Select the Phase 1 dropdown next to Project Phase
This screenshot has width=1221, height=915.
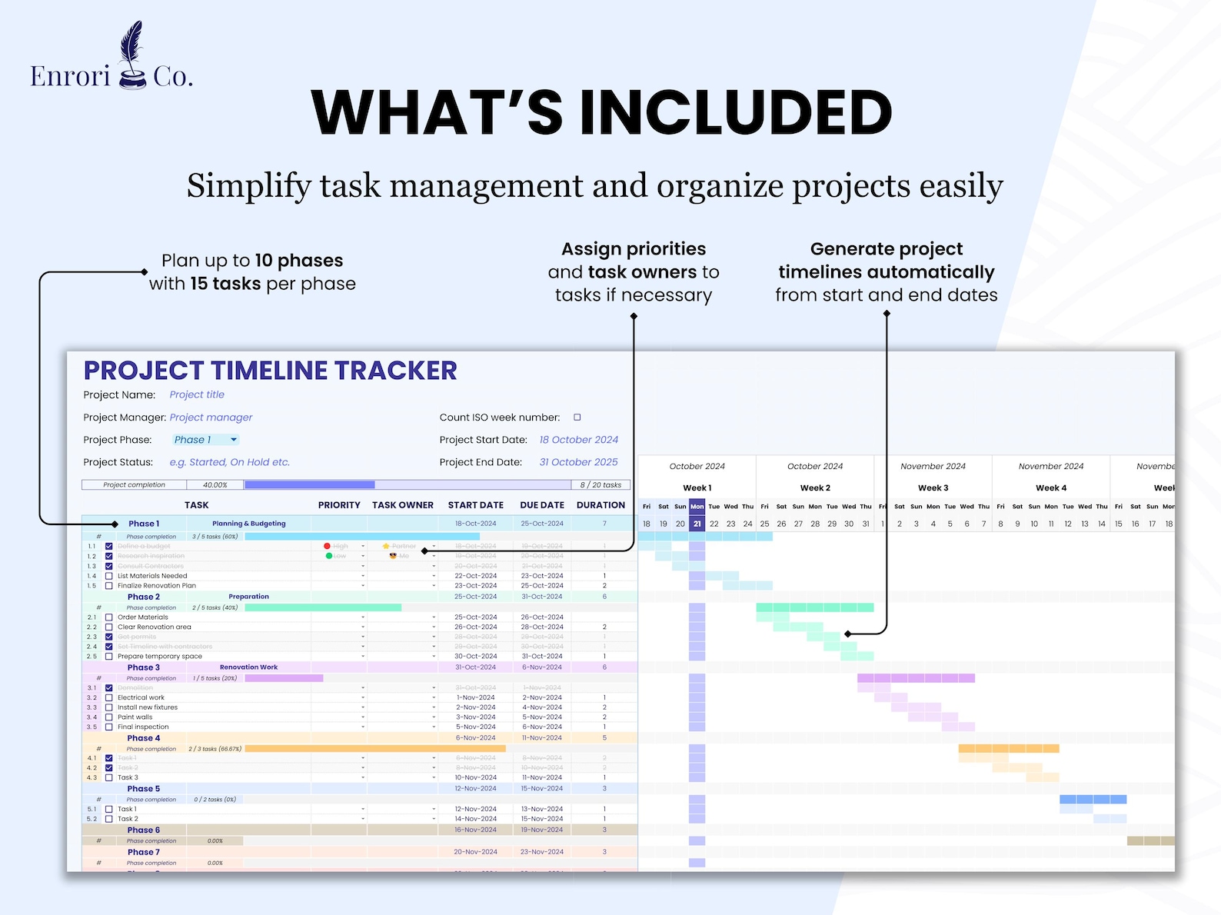click(x=205, y=440)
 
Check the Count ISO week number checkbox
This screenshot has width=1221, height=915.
click(x=577, y=418)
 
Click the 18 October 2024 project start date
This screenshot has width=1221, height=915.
click(x=578, y=440)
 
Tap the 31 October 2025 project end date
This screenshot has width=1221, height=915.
click(x=578, y=462)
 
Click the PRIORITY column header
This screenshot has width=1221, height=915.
click(x=339, y=505)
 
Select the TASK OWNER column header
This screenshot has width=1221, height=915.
click(x=403, y=505)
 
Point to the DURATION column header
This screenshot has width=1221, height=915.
click(x=601, y=505)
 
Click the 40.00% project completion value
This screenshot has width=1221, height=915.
click(x=215, y=485)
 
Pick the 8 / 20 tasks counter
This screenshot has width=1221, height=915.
click(x=601, y=485)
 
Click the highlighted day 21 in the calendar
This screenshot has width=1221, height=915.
click(x=697, y=524)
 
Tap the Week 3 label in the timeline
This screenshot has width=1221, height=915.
click(x=933, y=487)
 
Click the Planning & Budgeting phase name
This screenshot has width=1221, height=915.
click(x=248, y=524)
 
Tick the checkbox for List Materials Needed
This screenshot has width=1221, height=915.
click(x=109, y=576)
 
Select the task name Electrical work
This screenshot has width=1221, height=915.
click(x=141, y=697)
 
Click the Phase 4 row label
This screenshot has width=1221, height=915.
click(x=144, y=738)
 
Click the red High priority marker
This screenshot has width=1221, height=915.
click(x=328, y=546)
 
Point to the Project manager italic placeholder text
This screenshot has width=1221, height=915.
click(x=211, y=418)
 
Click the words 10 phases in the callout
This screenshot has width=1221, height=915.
click(x=299, y=261)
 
